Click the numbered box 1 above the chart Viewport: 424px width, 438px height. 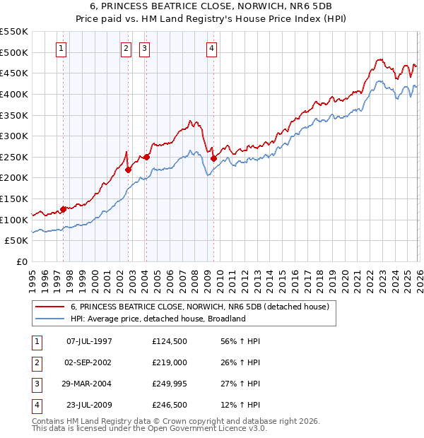point(61,49)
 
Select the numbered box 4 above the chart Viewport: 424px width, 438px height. point(212,49)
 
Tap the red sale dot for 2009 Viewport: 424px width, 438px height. point(213,158)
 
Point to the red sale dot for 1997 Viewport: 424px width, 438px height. point(63,209)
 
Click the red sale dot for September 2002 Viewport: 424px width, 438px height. point(128,170)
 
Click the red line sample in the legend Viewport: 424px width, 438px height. point(50,307)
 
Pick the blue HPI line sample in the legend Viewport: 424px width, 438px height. point(50,319)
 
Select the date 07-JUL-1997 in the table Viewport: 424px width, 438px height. point(89,341)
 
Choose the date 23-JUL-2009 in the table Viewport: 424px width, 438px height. point(89,405)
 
